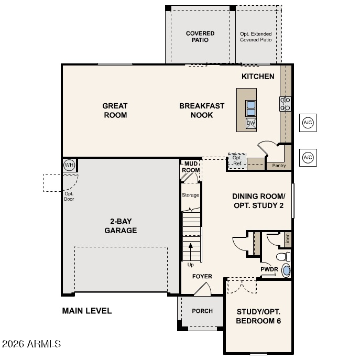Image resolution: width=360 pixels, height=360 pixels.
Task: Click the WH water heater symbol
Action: [x=69, y=165]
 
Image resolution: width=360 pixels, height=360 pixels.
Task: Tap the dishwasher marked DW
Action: [x=250, y=123]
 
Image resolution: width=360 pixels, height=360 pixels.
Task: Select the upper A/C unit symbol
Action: [x=308, y=123]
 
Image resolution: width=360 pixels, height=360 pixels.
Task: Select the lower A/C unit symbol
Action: [x=308, y=158]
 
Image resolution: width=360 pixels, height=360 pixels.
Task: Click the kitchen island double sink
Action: [x=250, y=108]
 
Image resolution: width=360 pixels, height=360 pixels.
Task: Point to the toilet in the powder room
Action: [x=283, y=257]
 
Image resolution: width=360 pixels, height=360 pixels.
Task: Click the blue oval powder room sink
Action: [x=286, y=270]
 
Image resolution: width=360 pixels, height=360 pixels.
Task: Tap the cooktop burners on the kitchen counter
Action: [x=285, y=104]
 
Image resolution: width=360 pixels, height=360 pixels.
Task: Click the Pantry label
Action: [x=279, y=166]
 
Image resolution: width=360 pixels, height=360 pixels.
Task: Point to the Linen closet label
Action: [x=287, y=239]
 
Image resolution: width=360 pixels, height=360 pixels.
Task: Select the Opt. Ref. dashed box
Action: [x=237, y=161]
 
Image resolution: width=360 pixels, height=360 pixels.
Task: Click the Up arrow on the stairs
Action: [x=191, y=248]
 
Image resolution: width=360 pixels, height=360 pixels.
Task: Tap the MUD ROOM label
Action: [x=191, y=167]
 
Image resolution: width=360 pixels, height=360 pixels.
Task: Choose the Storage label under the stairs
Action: [x=190, y=195]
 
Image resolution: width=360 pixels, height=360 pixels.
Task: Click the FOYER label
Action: [x=202, y=276]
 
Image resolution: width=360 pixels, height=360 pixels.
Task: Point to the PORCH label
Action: [x=202, y=311]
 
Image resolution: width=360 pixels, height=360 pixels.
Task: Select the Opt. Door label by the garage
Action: [x=69, y=197]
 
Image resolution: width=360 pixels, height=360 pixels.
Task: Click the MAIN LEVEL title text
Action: [x=87, y=311]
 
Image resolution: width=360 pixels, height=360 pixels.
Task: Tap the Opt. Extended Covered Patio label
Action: [x=256, y=37]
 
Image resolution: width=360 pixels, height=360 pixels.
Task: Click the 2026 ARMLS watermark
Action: [x=31, y=344]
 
